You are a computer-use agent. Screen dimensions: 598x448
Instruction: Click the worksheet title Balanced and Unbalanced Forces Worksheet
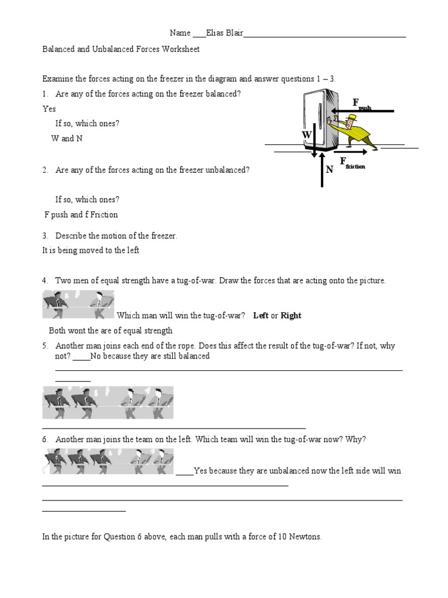click(x=121, y=50)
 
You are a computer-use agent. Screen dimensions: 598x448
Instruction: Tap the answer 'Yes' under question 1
click(x=49, y=109)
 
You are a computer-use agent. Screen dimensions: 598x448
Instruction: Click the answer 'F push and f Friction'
click(x=81, y=214)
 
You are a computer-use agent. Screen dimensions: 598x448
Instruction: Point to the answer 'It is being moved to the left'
click(x=90, y=250)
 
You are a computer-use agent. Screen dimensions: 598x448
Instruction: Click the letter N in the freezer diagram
click(x=329, y=169)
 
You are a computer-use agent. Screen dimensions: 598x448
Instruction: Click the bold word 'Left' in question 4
click(x=261, y=315)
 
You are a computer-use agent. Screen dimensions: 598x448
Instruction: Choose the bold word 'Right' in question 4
click(x=290, y=315)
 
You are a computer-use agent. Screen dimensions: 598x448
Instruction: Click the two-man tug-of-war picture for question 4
click(x=78, y=305)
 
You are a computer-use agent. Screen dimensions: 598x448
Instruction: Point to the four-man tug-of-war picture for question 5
click(x=108, y=402)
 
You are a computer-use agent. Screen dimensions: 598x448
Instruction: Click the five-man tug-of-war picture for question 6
click(x=108, y=461)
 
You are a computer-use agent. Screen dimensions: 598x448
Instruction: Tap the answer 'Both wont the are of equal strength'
click(x=111, y=331)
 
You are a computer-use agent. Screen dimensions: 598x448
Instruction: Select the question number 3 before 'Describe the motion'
click(x=45, y=236)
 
